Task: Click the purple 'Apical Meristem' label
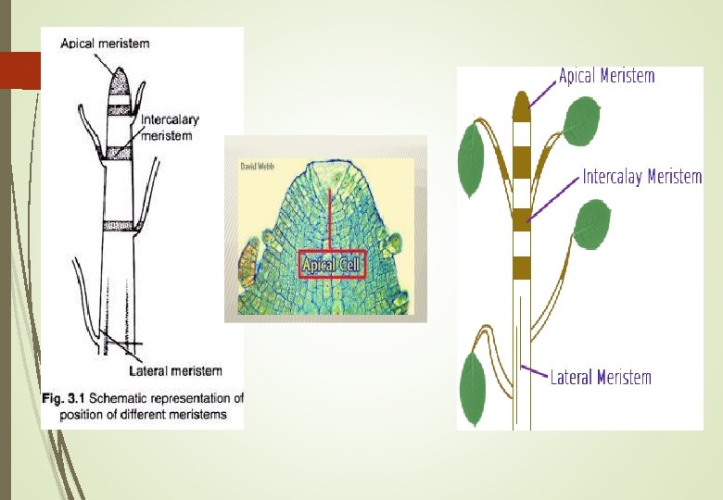(606, 76)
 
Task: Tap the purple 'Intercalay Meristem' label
(641, 176)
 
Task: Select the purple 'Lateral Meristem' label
(601, 377)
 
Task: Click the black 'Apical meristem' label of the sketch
(105, 43)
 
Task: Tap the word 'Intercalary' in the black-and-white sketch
(170, 119)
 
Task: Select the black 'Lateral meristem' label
(176, 371)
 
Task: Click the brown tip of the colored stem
(521, 101)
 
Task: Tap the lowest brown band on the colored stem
(521, 268)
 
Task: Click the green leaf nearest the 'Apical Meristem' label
(580, 121)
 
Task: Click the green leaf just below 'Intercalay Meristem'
(591, 225)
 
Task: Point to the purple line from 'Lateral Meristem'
(535, 371)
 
